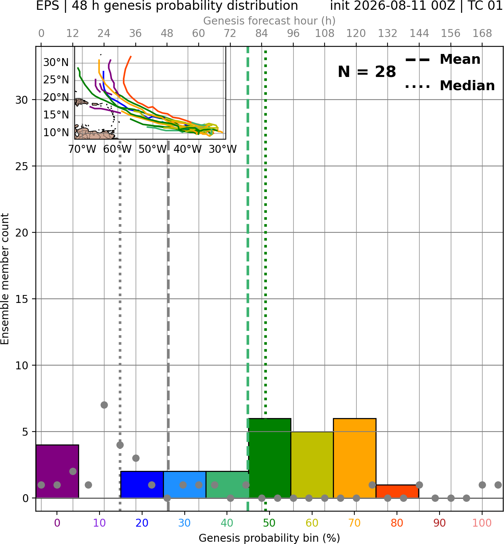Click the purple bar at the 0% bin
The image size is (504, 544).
57,471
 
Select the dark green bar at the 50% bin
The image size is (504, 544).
270,458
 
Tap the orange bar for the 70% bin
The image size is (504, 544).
354,458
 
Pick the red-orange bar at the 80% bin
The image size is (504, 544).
397,491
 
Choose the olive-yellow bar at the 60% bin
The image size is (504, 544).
312,464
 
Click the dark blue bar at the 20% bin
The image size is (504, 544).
142,484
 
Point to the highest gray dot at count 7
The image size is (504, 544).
104,405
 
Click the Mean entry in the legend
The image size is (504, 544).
443,60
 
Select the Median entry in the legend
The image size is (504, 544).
450,86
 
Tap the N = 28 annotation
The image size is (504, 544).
367,72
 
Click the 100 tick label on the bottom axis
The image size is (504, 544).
482,523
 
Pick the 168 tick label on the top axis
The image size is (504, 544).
483,34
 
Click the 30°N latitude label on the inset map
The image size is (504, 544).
56,63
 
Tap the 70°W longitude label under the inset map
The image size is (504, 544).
82,149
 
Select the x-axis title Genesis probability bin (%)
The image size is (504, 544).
270,538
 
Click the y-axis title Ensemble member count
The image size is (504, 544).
5,279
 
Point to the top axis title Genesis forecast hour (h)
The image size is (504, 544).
270,21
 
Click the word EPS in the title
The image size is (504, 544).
47,6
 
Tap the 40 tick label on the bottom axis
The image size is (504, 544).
227,523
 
